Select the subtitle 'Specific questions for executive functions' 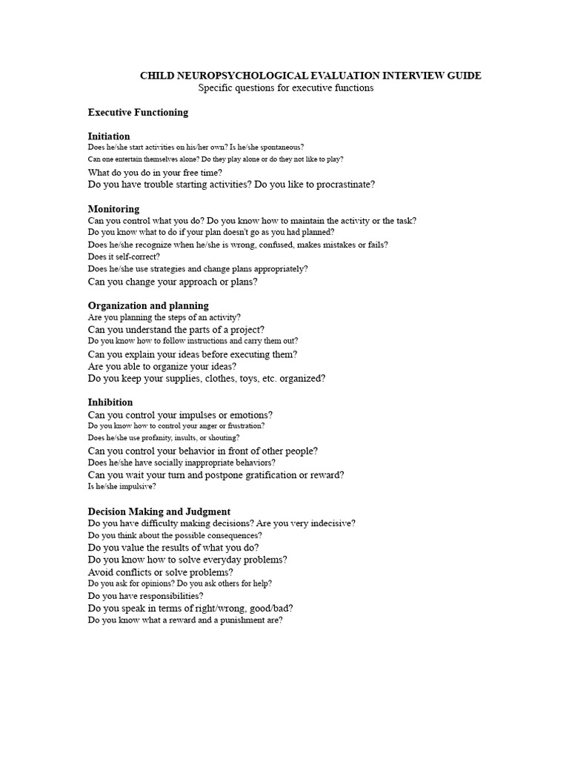pyautogui.click(x=285, y=88)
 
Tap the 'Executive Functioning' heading pyautogui.click(x=138, y=113)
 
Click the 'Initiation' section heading pyautogui.click(x=109, y=136)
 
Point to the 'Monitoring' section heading pyautogui.click(x=113, y=209)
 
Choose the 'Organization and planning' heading pyautogui.click(x=148, y=305)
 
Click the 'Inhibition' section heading pyautogui.click(x=110, y=402)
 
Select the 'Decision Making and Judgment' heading pyautogui.click(x=159, y=511)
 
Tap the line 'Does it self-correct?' pyautogui.click(x=124, y=256)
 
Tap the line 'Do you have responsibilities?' pyautogui.click(x=145, y=596)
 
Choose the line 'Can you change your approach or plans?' pyautogui.click(x=173, y=282)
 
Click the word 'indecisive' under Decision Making pyautogui.click(x=330, y=523)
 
